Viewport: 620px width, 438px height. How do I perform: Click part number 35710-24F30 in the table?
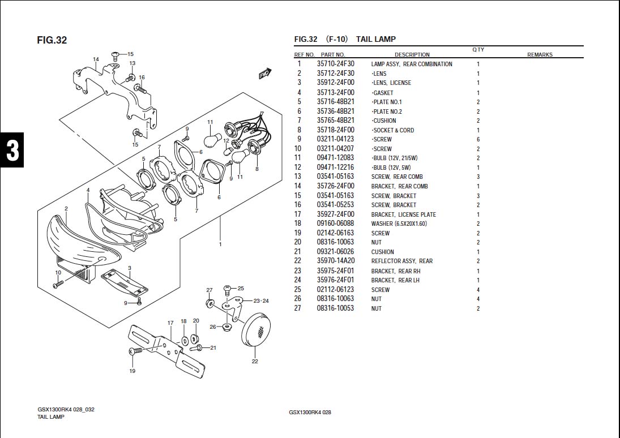click(335, 64)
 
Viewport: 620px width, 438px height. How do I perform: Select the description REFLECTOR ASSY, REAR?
click(401, 261)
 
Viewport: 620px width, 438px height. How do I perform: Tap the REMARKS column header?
click(540, 55)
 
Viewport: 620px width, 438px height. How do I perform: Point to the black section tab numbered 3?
click(12, 150)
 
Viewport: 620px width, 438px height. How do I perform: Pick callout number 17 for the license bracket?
click(170, 323)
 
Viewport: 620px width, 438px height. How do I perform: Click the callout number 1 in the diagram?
click(220, 244)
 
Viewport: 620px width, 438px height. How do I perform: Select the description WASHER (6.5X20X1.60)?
click(399, 224)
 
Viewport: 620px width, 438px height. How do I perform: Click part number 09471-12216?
click(335, 168)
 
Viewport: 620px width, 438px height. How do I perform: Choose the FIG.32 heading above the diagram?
click(52, 40)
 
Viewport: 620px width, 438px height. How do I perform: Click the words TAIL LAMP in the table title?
click(376, 39)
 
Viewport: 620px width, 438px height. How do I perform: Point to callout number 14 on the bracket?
click(96, 59)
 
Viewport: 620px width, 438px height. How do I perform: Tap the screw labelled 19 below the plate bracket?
click(135, 351)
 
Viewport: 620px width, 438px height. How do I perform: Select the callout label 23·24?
click(261, 300)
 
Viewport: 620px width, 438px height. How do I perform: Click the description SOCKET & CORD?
click(393, 130)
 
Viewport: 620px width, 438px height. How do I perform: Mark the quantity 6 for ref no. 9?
click(478, 139)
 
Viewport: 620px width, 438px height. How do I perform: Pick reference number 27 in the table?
click(298, 308)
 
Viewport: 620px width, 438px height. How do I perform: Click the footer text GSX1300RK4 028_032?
click(66, 409)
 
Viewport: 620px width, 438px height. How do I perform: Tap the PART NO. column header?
click(333, 55)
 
